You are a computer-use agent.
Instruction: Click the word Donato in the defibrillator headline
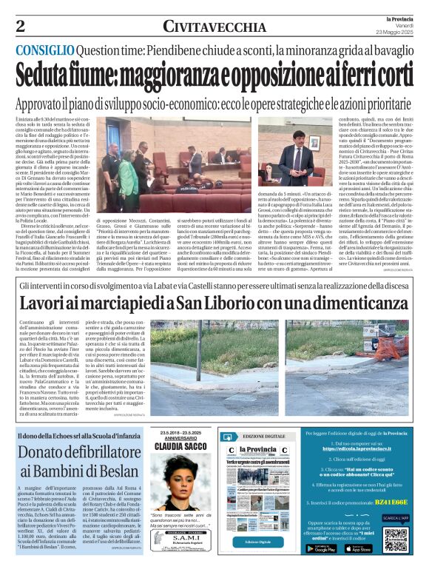[54, 452]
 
